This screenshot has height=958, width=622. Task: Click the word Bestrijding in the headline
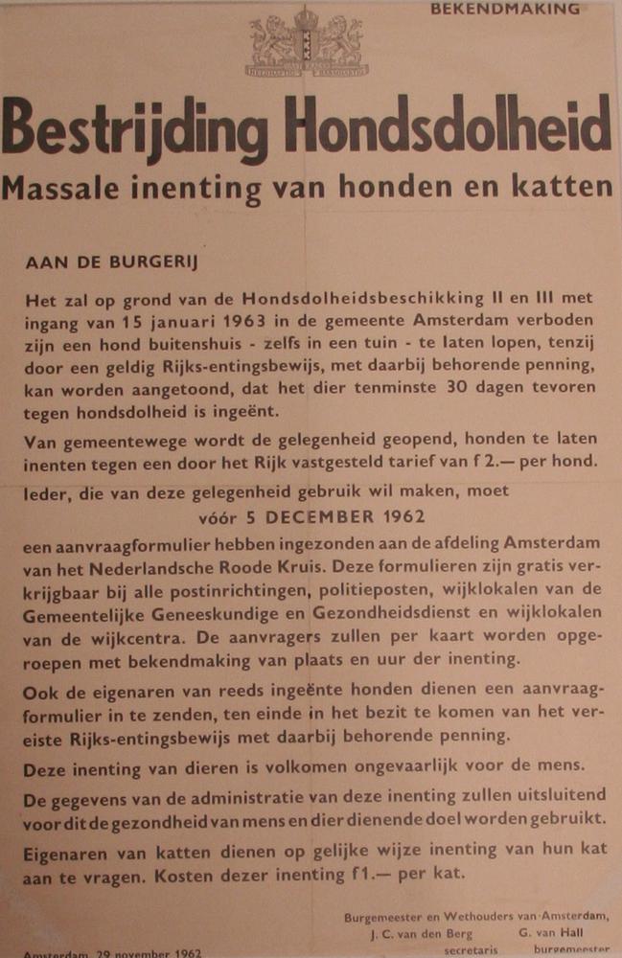pos(133,129)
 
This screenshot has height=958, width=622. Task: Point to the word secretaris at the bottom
pos(472,950)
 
